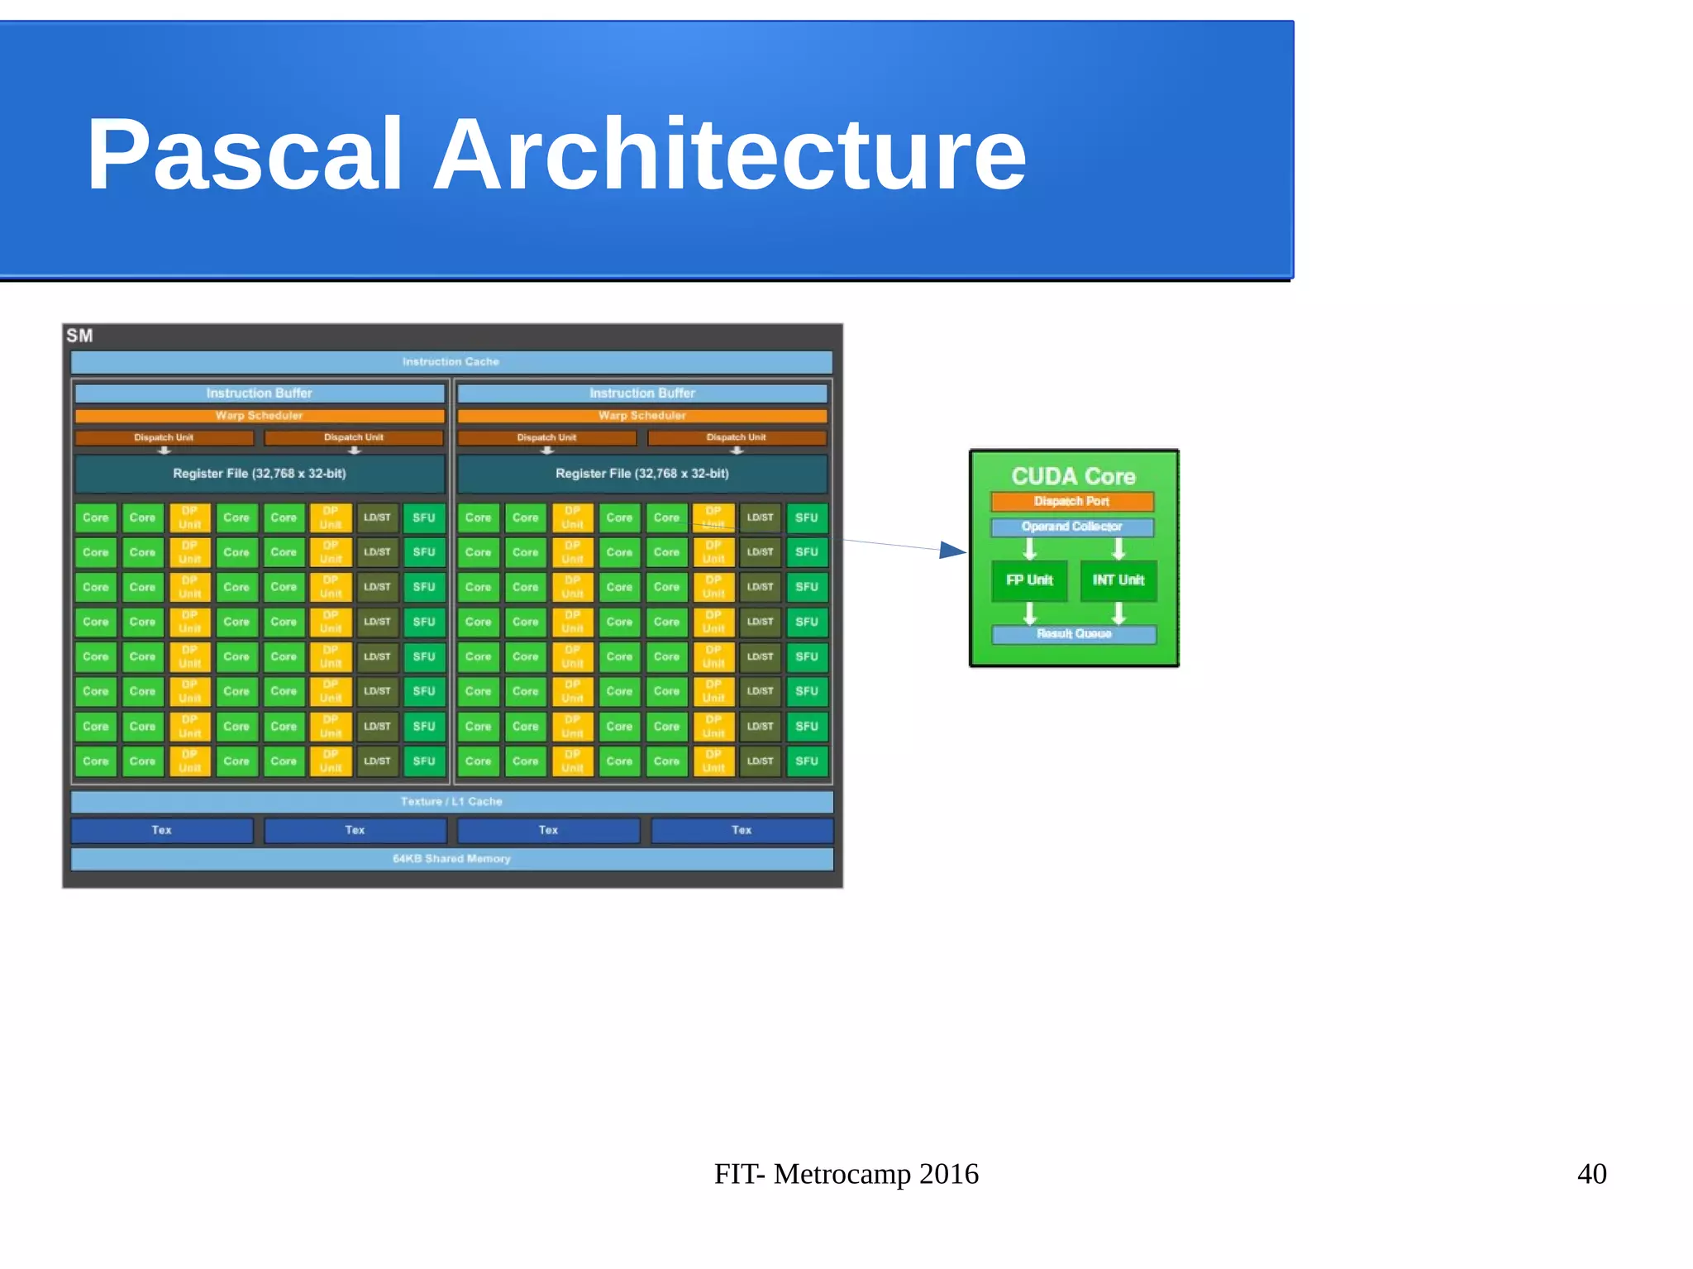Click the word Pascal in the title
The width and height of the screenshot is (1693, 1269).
coord(245,155)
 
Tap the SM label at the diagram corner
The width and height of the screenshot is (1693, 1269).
coord(79,336)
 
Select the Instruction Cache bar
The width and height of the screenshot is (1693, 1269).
coord(451,362)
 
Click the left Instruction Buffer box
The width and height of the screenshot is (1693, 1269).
coord(260,394)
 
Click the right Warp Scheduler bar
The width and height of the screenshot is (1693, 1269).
coord(642,416)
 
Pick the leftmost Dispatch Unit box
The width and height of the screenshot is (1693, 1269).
coord(164,437)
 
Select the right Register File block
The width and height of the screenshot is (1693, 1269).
coord(642,474)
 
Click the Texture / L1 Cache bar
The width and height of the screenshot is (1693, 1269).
coord(451,802)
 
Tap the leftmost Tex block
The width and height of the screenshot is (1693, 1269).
coord(162,830)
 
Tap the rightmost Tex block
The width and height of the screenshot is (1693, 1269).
coord(742,830)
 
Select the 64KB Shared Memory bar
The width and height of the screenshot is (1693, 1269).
coord(451,859)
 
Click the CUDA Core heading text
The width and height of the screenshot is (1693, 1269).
coord(1073,476)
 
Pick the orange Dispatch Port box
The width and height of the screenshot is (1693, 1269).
coord(1072,501)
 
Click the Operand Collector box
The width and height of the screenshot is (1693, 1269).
coord(1072,527)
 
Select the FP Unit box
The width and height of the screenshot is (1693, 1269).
coord(1029,580)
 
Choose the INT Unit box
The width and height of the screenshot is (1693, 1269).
coord(1118,580)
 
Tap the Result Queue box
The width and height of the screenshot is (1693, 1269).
coord(1074,634)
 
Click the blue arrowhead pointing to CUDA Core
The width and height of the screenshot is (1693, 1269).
coord(952,551)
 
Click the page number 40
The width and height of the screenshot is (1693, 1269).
coord(1591,1174)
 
